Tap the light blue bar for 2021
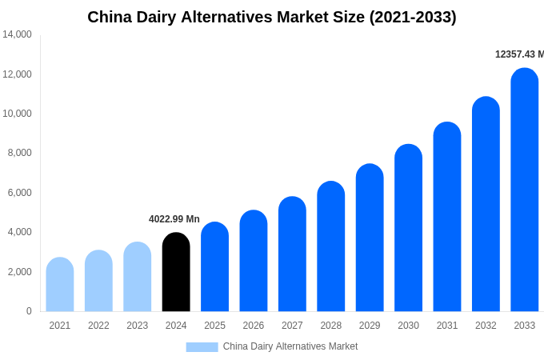60,285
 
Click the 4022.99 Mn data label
174,219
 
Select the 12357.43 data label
518,54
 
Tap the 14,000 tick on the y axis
17,34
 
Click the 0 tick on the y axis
29,311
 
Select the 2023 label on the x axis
138,326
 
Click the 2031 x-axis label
447,326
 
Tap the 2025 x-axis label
214,326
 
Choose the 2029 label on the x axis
370,326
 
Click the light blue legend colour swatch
202,346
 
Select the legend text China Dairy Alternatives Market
290,346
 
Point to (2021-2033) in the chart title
413,17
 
